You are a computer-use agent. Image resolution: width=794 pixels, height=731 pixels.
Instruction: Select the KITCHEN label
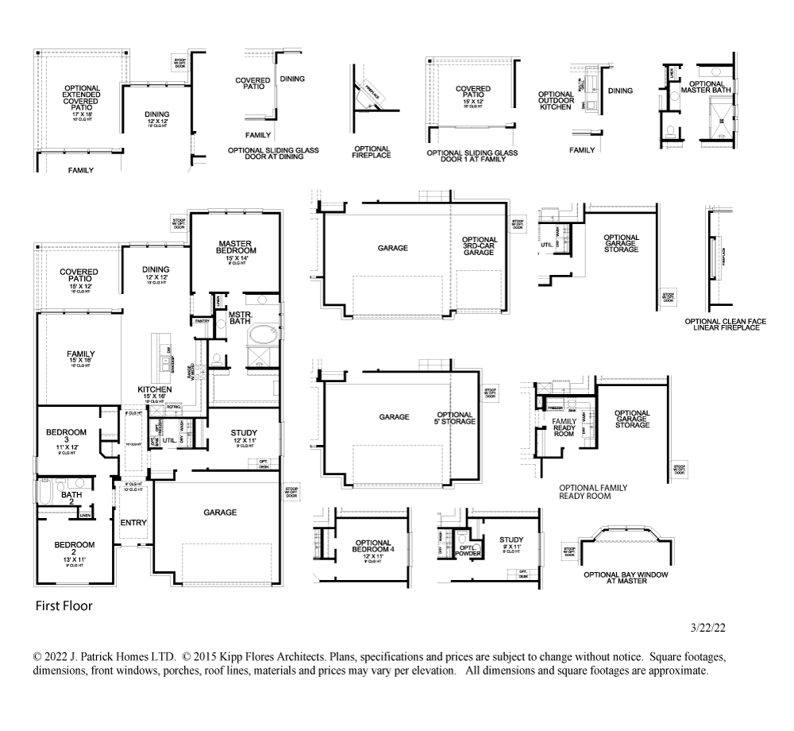point(155,390)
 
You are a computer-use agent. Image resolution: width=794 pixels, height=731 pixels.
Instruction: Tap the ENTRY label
point(133,523)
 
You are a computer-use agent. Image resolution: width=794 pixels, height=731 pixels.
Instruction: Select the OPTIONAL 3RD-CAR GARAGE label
point(480,246)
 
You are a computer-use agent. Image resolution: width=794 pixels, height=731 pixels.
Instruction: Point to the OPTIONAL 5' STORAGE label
point(455,418)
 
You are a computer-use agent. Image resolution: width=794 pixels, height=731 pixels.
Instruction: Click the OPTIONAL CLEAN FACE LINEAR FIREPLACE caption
point(725,324)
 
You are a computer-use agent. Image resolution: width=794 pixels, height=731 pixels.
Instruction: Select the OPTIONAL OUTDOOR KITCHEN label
point(555,100)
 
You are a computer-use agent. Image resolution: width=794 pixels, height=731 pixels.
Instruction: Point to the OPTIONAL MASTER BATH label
point(706,87)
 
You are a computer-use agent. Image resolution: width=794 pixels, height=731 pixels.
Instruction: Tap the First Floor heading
point(64,606)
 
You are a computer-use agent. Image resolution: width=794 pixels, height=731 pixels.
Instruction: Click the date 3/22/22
point(708,627)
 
